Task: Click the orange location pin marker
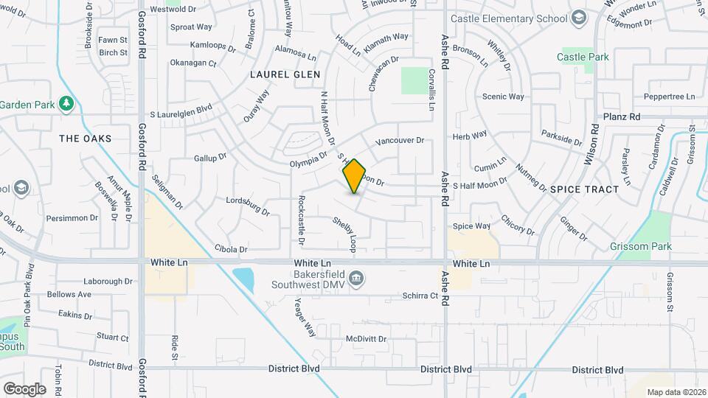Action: pos(354,176)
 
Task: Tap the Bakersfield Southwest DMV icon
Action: pos(356,278)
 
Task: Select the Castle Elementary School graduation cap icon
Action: pos(579,17)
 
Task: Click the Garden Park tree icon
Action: pos(66,103)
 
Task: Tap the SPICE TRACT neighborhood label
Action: pos(584,189)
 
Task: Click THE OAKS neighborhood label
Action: pos(86,139)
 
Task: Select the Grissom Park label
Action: pos(641,246)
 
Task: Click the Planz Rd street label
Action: pos(622,116)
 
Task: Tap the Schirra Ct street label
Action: pos(421,295)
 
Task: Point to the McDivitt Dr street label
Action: pos(367,339)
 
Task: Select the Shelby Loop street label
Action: pos(344,231)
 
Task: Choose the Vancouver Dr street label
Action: pos(400,140)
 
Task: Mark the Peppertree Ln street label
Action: pos(669,97)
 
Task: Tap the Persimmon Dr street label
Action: pos(72,217)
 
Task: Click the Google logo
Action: pos(24,388)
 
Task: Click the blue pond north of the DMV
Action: pos(243,279)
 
